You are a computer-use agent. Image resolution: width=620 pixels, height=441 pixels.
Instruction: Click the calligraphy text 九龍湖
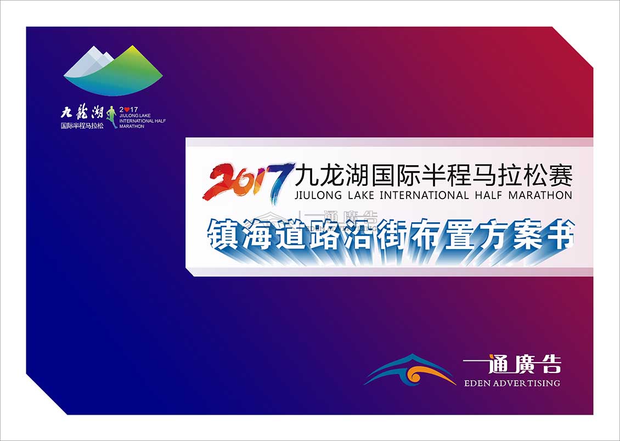click(82, 112)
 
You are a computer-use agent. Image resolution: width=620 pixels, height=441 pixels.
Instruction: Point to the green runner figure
click(111, 117)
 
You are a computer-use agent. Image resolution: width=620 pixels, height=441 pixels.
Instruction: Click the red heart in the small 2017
click(127, 110)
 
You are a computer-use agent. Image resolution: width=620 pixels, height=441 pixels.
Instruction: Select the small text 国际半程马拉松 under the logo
click(82, 126)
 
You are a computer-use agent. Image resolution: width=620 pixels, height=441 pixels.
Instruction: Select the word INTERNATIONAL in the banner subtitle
click(424, 196)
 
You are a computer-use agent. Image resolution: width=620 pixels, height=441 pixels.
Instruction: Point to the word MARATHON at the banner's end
click(540, 196)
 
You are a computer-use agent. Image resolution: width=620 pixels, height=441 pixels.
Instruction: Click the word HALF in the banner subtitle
click(488, 196)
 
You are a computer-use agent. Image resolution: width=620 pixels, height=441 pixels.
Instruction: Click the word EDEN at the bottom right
click(478, 383)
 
